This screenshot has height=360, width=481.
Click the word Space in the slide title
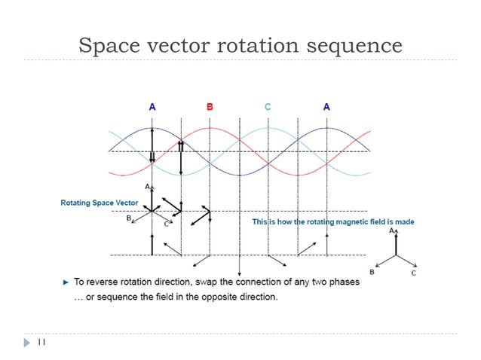[x=108, y=47]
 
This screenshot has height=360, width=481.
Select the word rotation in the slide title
[x=256, y=47]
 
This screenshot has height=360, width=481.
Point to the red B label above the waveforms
[x=210, y=108]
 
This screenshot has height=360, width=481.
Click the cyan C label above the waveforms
[x=268, y=108]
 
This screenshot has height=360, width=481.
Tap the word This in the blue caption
[x=259, y=222]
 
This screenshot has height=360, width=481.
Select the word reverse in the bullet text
[x=102, y=282]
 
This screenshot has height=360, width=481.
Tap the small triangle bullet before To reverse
[x=65, y=282]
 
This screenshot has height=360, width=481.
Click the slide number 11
[x=41, y=342]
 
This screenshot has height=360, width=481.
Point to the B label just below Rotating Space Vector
[x=129, y=218]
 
